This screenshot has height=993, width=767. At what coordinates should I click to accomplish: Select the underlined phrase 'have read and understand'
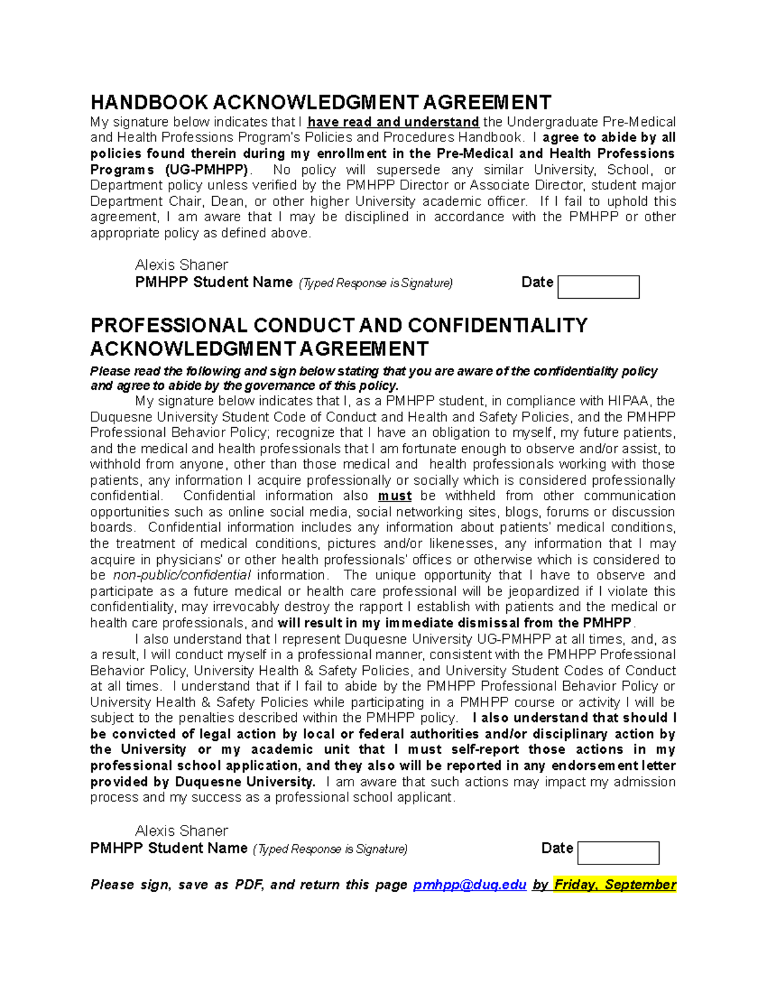393,122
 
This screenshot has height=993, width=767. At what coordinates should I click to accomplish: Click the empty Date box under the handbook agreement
598,287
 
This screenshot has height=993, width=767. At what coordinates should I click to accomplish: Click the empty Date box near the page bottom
618,853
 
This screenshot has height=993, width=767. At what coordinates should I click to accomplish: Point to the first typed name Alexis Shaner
182,265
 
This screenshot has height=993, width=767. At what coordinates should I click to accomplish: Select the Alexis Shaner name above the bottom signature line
182,831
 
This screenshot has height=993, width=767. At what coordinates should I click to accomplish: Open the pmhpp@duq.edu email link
470,885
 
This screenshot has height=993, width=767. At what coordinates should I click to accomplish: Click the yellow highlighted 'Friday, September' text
615,885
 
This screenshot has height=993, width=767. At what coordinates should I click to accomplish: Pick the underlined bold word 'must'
394,496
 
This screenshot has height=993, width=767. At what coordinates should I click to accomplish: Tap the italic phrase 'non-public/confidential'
182,575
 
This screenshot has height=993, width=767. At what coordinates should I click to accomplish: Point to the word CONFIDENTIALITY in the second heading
497,325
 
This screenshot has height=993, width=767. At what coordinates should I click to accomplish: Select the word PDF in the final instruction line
249,885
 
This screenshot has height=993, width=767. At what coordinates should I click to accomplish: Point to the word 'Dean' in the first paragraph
228,201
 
